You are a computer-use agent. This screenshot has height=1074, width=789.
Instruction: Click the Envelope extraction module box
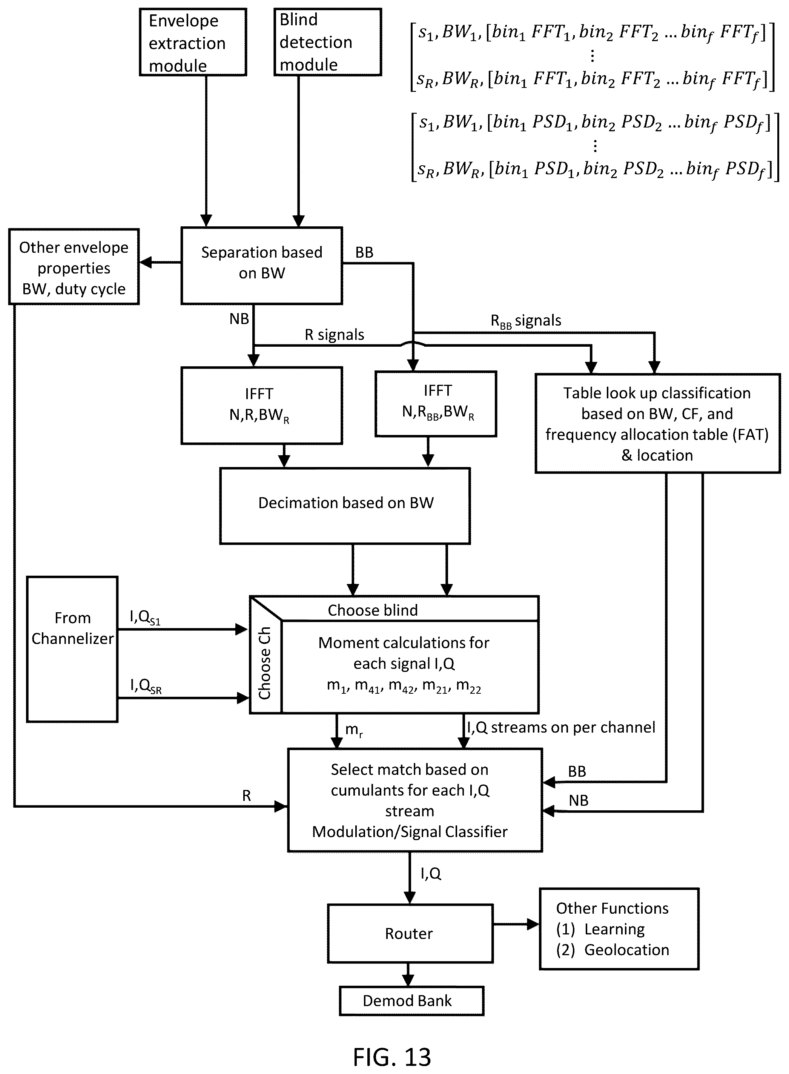pos(193,42)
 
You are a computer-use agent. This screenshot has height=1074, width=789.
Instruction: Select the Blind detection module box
pos(328,42)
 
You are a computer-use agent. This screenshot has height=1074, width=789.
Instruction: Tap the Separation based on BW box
pos(262,266)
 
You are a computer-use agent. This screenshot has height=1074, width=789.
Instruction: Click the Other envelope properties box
pos(74,267)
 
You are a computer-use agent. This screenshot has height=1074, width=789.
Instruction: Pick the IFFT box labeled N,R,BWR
pos(262,406)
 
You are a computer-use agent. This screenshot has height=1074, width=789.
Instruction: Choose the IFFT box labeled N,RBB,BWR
pos(436,404)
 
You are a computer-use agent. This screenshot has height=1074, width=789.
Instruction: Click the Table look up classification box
pos(658,423)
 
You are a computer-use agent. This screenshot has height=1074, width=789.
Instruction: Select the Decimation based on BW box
pos(345,506)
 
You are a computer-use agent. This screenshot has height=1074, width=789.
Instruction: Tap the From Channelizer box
pos(72,649)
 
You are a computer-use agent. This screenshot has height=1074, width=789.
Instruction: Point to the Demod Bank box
pos(412,1001)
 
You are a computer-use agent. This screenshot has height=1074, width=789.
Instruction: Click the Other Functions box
pos(619,929)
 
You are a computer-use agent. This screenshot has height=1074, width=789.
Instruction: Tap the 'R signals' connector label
pos(334,335)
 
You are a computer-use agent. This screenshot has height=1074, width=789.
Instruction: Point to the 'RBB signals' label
pos(526,321)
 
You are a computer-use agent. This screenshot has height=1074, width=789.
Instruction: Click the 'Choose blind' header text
pos(373,610)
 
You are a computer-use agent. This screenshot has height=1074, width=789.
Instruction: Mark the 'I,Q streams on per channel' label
pos(561,727)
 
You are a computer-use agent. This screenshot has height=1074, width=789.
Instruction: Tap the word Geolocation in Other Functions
pos(626,950)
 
